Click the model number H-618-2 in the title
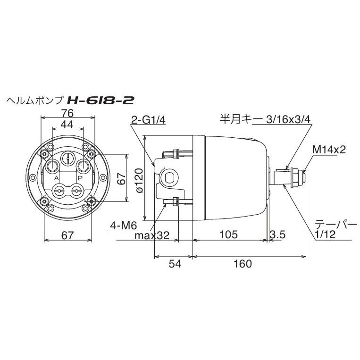pyautogui.click(x=100, y=100)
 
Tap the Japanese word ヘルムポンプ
pyautogui.click(x=34, y=100)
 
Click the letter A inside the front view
pyautogui.click(x=56, y=178)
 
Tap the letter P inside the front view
pyautogui.click(x=80, y=178)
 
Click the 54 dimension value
pyautogui.click(x=175, y=264)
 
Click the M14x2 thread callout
pyautogui.click(x=329, y=150)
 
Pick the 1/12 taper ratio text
pyautogui.click(x=326, y=234)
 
